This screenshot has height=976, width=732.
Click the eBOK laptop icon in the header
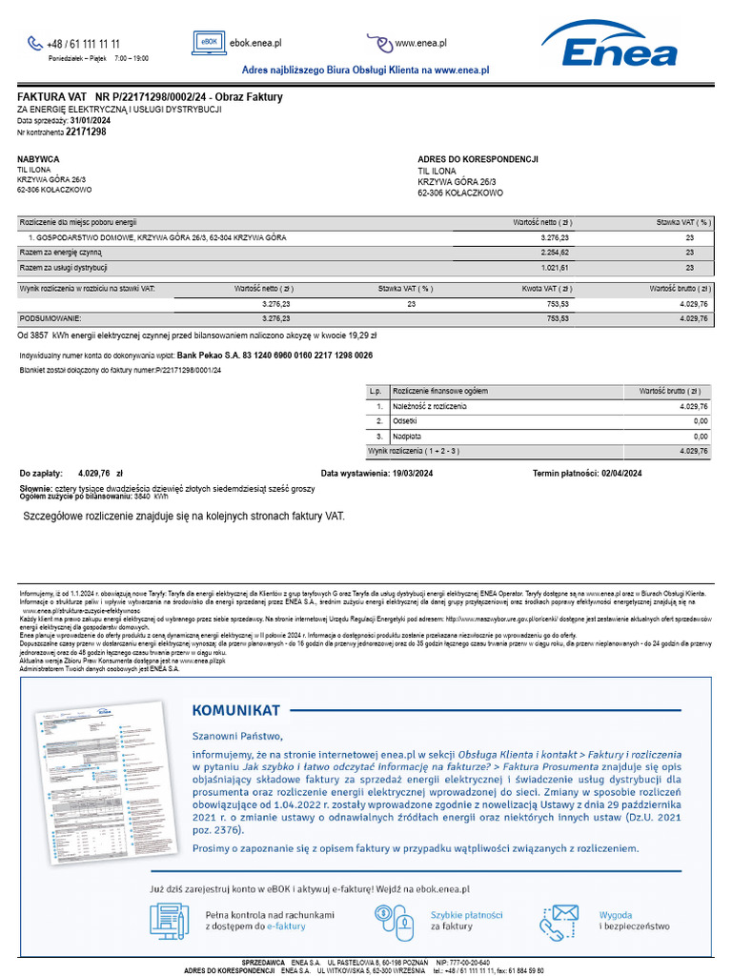click(209, 43)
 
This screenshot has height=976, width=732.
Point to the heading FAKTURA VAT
click(52, 97)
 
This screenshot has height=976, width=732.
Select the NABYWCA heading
click(38, 159)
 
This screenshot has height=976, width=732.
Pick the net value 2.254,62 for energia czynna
click(555, 253)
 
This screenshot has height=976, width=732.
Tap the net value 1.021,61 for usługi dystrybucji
click(555, 268)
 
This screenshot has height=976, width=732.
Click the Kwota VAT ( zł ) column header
click(546, 288)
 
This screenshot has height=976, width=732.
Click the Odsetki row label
click(407, 420)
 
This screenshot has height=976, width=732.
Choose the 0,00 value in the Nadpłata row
click(700, 436)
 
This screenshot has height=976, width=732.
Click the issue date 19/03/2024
click(405, 473)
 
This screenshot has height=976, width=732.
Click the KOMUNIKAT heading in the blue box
click(235, 710)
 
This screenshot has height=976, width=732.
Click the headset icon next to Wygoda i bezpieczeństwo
click(559, 921)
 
